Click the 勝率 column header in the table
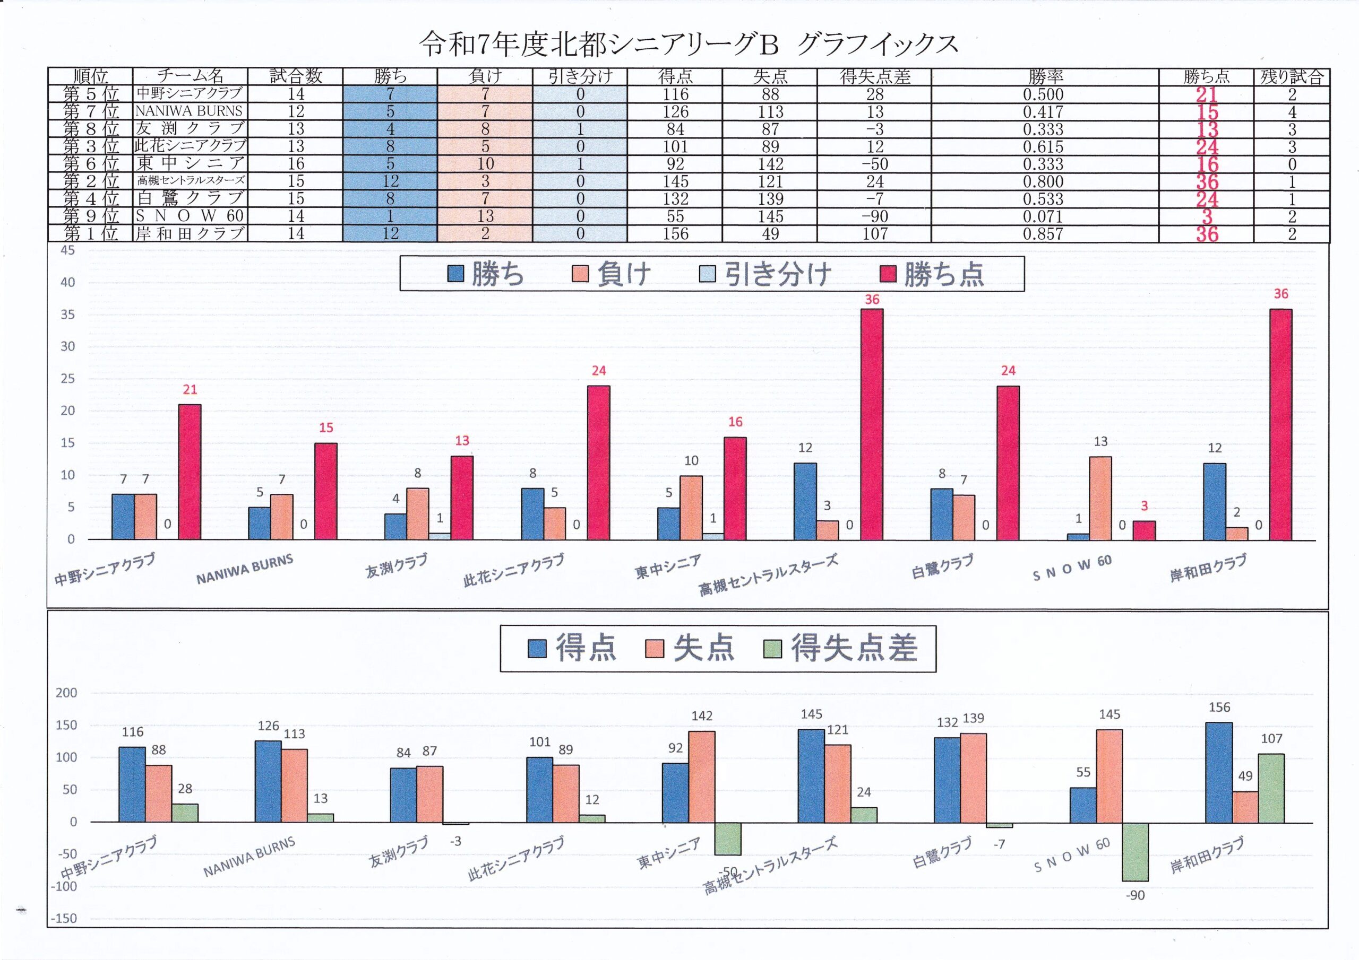tap(1045, 76)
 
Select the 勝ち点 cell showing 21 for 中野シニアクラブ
tap(1206, 94)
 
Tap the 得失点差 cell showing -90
tap(874, 216)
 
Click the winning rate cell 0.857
tap(1043, 234)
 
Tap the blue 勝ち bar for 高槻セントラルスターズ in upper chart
tap(805, 501)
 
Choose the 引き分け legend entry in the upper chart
tap(766, 274)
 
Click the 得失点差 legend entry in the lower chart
tap(841, 648)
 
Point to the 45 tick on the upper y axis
tap(68, 250)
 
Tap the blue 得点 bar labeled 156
tap(1219, 772)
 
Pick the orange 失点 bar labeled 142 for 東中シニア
tap(701, 776)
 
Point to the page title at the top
tap(689, 45)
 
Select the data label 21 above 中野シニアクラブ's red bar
tap(190, 389)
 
